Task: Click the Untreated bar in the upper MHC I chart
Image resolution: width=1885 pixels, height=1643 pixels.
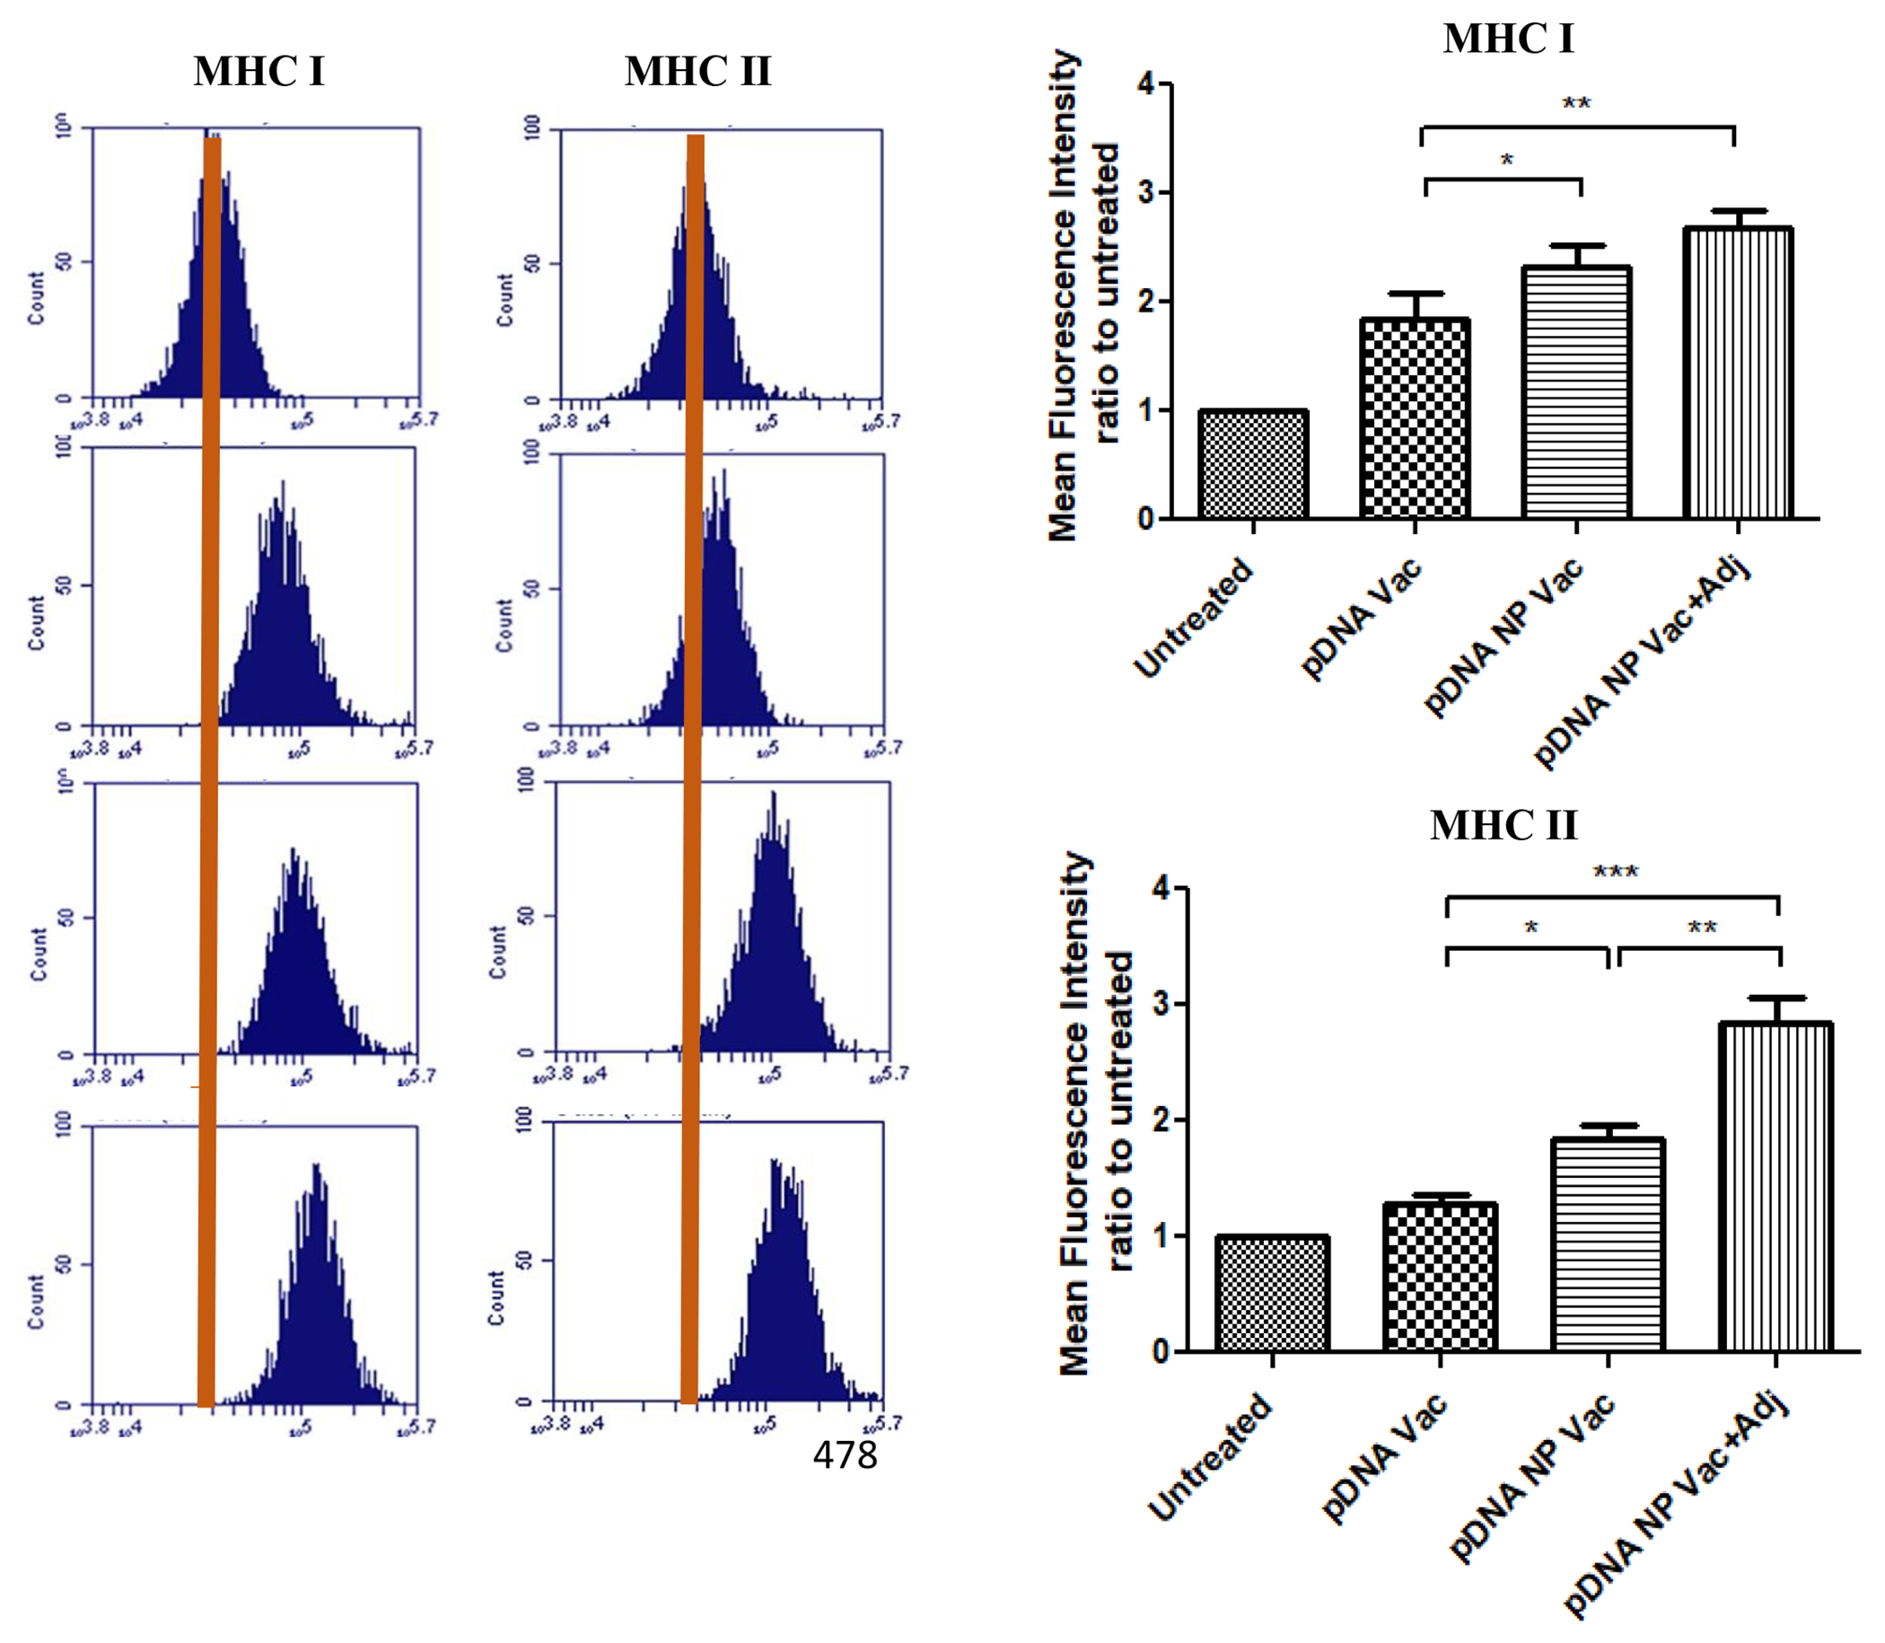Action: (1252, 465)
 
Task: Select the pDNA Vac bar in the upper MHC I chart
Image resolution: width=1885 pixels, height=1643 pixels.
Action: (1415, 419)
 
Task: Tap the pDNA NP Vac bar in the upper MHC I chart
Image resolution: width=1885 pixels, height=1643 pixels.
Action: (1576, 393)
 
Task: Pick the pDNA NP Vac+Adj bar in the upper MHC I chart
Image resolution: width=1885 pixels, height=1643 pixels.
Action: (1738, 373)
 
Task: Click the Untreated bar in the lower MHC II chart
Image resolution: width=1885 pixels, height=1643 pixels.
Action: (1272, 1294)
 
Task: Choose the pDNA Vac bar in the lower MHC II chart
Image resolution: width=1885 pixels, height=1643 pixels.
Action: (1440, 1278)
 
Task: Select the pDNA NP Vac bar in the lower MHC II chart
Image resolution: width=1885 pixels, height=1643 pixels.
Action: (1608, 1245)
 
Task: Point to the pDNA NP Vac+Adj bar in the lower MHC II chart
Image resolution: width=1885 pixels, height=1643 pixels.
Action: (1775, 1187)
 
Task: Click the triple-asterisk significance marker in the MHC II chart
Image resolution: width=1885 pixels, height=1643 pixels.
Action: (1616, 872)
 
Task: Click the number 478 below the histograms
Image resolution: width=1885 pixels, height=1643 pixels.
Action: (845, 1455)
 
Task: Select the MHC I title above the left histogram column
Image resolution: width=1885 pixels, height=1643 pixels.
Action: (259, 72)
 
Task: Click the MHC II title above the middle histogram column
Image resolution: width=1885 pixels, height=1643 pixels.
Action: (697, 72)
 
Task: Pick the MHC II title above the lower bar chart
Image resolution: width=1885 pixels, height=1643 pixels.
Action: (1504, 825)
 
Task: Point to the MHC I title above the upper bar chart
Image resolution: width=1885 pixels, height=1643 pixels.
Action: (1508, 39)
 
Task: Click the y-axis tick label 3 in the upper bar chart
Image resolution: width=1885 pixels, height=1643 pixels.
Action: (1146, 192)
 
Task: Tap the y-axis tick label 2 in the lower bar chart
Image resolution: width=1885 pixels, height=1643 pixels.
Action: (1161, 1120)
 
